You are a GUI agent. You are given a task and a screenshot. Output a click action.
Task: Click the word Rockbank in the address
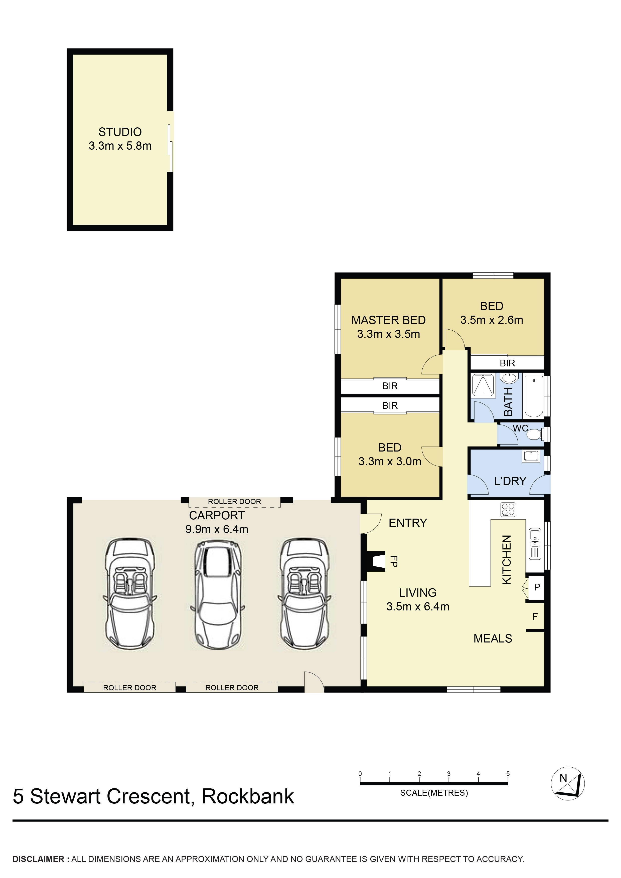coord(248,797)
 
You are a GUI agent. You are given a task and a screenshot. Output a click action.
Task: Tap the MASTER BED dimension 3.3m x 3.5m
coord(388,334)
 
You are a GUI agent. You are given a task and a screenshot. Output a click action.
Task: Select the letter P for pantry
coord(537,587)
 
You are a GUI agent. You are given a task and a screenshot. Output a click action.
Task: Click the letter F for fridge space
coord(535,616)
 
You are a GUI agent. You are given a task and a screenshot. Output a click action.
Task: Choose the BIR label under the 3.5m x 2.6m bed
coord(507,363)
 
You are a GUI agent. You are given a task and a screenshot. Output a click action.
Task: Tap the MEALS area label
coord(493,639)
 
